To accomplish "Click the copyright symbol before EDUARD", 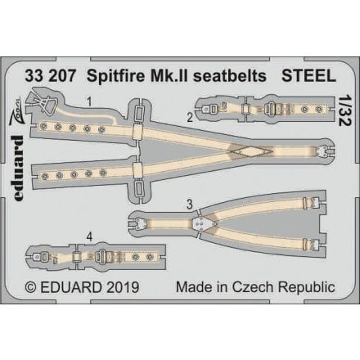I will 30,289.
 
